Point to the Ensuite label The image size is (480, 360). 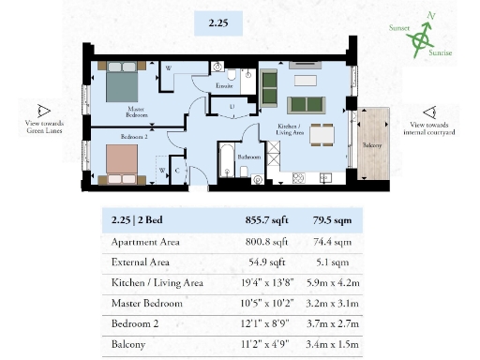point(226,86)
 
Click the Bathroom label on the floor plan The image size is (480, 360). point(248,157)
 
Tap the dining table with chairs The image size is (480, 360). point(322,133)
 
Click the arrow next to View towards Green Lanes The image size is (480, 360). point(43,110)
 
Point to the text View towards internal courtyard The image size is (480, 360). point(433,128)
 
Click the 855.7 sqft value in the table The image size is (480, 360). point(254,222)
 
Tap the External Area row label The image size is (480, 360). point(142,262)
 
